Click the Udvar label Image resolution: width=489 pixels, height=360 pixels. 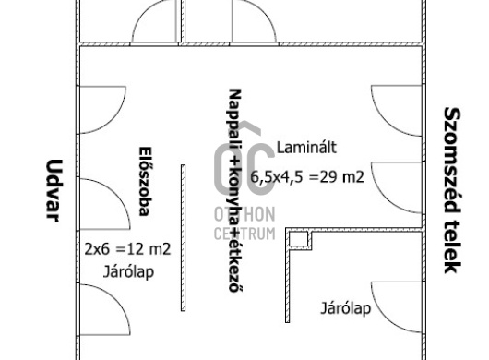(x=54, y=190)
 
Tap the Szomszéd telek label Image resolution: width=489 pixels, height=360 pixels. (x=452, y=190)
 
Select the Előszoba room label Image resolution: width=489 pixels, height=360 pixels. (x=144, y=181)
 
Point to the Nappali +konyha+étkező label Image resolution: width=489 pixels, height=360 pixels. (x=235, y=190)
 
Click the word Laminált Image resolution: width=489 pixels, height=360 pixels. (x=306, y=148)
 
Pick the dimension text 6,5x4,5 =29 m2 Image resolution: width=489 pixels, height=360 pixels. (x=307, y=177)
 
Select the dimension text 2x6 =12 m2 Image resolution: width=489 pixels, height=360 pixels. (x=128, y=249)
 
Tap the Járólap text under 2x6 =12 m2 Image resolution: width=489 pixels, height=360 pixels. (x=128, y=272)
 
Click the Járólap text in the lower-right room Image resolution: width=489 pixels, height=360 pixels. (x=346, y=308)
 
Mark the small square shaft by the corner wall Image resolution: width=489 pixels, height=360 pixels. (x=298, y=240)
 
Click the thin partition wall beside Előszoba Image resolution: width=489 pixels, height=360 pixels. (x=183, y=238)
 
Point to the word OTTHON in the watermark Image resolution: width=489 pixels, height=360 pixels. (x=244, y=214)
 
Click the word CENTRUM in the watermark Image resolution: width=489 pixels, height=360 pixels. (x=244, y=234)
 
